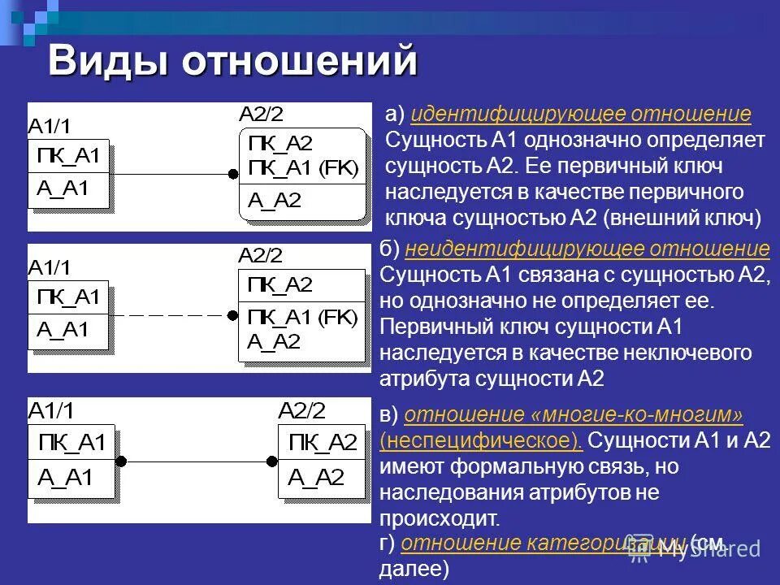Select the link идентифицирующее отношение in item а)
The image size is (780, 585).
click(581, 115)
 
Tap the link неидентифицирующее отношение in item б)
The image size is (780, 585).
click(587, 249)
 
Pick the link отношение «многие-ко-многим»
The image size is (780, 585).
click(574, 415)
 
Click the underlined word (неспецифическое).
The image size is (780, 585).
click(481, 440)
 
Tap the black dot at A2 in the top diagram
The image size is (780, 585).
click(233, 174)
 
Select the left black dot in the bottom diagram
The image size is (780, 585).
click(121, 461)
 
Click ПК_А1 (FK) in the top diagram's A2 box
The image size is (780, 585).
click(302, 167)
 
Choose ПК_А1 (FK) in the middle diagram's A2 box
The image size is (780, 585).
click(302, 316)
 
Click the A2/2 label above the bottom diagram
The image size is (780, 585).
click(301, 410)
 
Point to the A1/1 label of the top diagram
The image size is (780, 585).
click(50, 125)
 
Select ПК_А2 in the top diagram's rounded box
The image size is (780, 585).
click(280, 144)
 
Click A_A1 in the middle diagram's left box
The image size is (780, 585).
click(62, 330)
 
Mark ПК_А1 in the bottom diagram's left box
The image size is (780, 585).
click(72, 443)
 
